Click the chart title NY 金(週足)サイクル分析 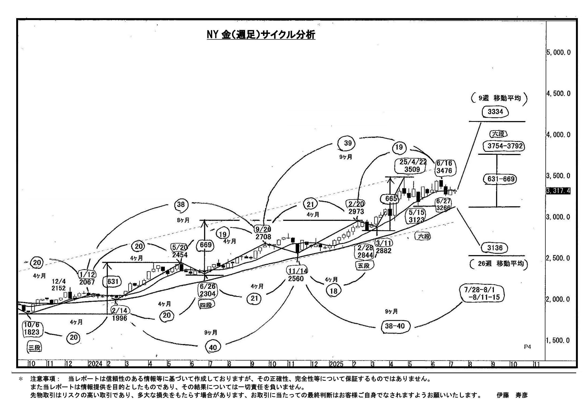[261, 35]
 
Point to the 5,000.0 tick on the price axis [558, 52]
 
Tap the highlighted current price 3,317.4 [558, 191]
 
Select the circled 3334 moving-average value [495, 112]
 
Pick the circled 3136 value [495, 248]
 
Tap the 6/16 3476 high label [444, 167]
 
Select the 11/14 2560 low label [297, 275]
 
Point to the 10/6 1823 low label [32, 328]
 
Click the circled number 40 [213, 347]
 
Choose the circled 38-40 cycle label [395, 326]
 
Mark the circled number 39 [348, 143]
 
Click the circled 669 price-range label [205, 245]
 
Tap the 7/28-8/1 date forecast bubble [481, 294]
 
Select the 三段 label [35, 348]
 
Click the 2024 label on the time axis [95, 364]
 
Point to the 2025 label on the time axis [336, 364]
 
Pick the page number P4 [527, 347]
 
